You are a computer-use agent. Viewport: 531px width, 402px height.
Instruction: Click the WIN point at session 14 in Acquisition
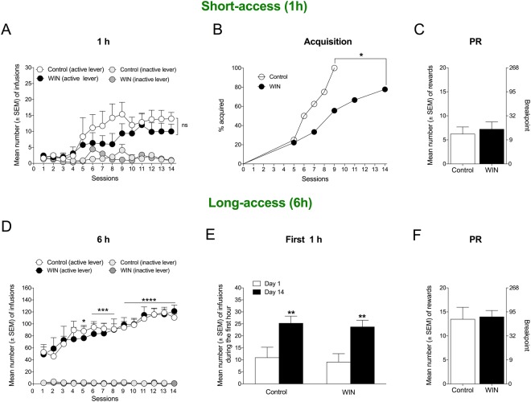pyautogui.click(x=385, y=89)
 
